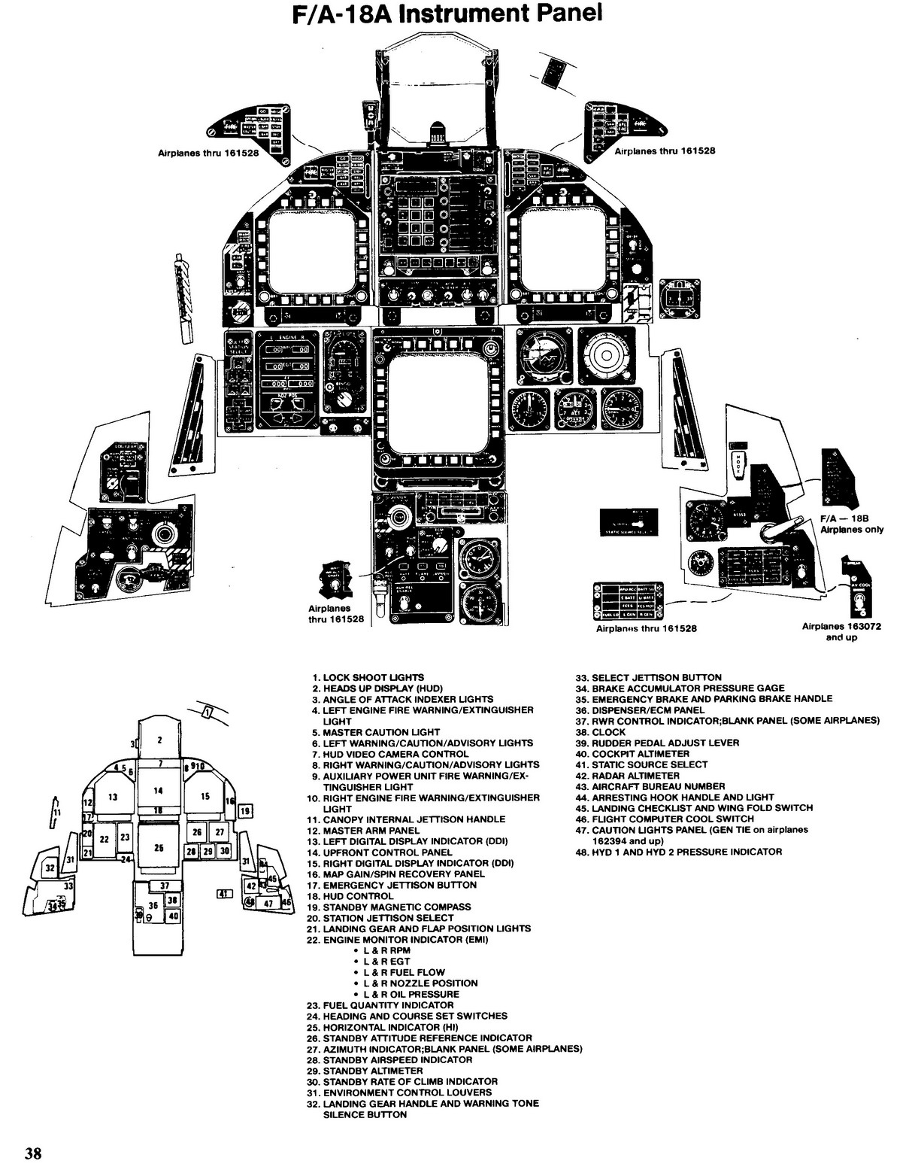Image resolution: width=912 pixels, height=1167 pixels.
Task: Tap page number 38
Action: (33, 1153)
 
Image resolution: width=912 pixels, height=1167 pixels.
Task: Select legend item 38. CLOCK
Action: (608, 731)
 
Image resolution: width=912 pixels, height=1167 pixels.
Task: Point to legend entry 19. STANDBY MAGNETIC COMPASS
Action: (396, 907)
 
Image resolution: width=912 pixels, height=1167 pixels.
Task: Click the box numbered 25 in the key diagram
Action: (159, 847)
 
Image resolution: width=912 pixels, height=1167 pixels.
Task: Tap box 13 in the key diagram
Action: (113, 797)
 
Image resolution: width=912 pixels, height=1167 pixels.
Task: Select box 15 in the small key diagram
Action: (205, 796)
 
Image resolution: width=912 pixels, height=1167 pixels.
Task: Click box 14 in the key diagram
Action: (158, 790)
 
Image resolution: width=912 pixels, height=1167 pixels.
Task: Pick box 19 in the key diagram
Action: (245, 810)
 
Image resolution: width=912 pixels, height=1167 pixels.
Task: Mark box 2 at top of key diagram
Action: (159, 739)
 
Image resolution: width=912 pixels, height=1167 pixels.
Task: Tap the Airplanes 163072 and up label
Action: (841, 631)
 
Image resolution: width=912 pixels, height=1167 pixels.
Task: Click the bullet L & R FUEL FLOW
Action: (404, 972)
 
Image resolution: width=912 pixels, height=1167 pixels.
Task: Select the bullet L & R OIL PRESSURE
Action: (411, 994)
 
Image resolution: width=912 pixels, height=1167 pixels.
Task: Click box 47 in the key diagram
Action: (268, 903)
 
